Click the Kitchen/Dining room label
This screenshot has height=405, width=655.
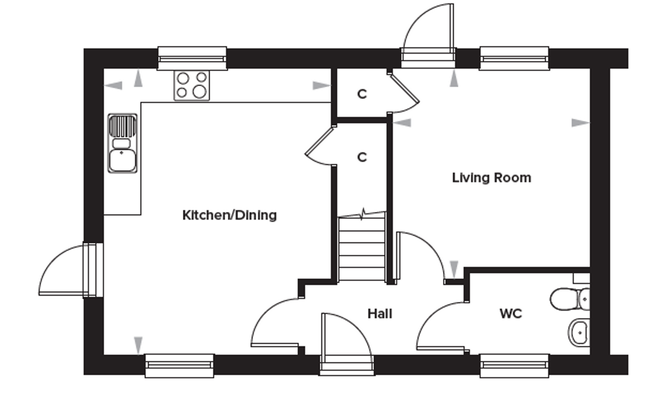pyautogui.click(x=229, y=216)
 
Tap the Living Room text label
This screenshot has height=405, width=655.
pyautogui.click(x=491, y=178)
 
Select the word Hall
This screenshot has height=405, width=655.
pyautogui.click(x=380, y=314)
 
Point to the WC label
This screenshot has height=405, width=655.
pyautogui.click(x=511, y=314)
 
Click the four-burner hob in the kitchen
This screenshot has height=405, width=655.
pyautogui.click(x=192, y=85)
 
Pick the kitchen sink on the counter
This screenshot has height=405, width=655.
pyautogui.click(x=123, y=143)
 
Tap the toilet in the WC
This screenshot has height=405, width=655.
pyautogui.click(x=570, y=299)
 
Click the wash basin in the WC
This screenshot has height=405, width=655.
pyautogui.click(x=579, y=333)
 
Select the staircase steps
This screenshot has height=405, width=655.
pyautogui.click(x=362, y=249)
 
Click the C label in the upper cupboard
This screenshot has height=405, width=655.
pyautogui.click(x=362, y=94)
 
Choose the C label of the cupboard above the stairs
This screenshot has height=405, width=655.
pyautogui.click(x=362, y=157)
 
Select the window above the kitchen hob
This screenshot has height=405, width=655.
pyautogui.click(x=192, y=58)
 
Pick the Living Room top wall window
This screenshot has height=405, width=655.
pyautogui.click(x=514, y=58)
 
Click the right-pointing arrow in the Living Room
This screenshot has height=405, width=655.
pyautogui.click(x=580, y=123)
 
